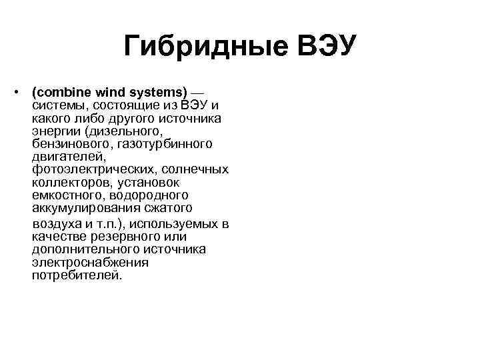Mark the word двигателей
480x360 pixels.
click(x=68, y=156)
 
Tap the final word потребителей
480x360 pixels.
click(x=77, y=275)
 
